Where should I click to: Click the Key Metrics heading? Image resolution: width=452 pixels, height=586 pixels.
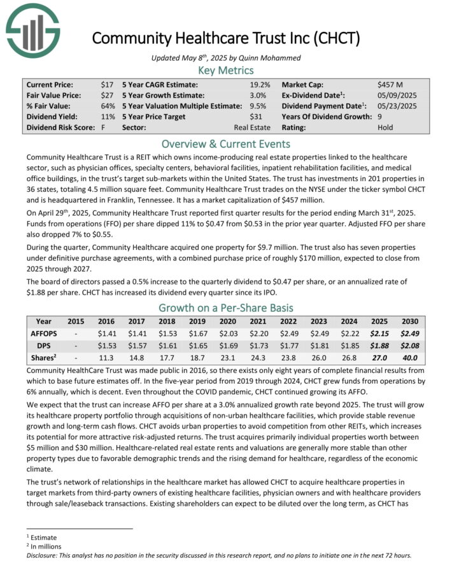226,71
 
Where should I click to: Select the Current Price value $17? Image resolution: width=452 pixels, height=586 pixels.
108,85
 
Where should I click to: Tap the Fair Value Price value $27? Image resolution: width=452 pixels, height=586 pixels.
108,96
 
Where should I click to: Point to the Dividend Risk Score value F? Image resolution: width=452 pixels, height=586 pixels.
103,128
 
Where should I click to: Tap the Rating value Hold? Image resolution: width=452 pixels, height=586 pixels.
386,128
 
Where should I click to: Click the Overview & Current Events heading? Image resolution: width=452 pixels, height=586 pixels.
226,143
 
